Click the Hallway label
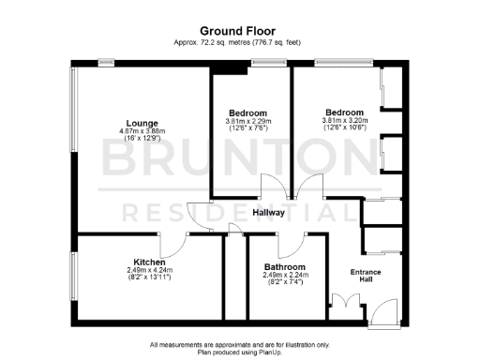coord(269,213)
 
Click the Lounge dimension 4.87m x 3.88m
coord(142,130)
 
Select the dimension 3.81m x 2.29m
coord(247,121)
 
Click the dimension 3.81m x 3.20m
coord(346,121)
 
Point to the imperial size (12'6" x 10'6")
coord(346,128)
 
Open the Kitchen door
coord(175,243)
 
